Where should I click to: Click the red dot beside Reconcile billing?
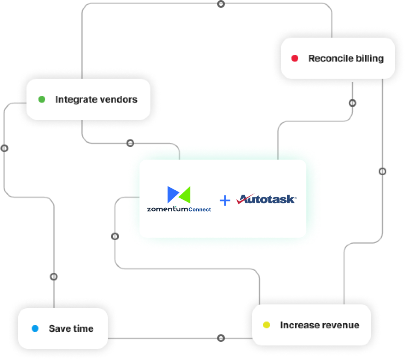pyautogui.click(x=295, y=58)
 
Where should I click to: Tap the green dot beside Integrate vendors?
pyautogui.click(x=42, y=99)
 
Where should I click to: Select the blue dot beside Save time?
pyautogui.click(x=35, y=328)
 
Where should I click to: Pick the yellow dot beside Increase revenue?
pyautogui.click(x=267, y=325)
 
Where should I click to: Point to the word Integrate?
pyautogui.click(x=75, y=99)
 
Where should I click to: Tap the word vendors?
pyautogui.click(x=118, y=99)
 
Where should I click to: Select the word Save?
pyautogui.click(x=59, y=328)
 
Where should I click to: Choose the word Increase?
pyautogui.click(x=297, y=325)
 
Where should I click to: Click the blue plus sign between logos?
pyautogui.click(x=225, y=200)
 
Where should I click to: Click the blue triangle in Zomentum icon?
pyautogui.click(x=173, y=194)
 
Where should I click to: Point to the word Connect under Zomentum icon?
pyautogui.click(x=200, y=210)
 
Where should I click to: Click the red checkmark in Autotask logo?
pyautogui.click(x=245, y=199)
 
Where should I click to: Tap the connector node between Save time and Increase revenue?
pyautogui.click(x=221, y=338)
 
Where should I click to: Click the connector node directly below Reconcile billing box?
pyautogui.click(x=352, y=103)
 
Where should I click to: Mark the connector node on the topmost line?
pyautogui.click(x=221, y=4)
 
